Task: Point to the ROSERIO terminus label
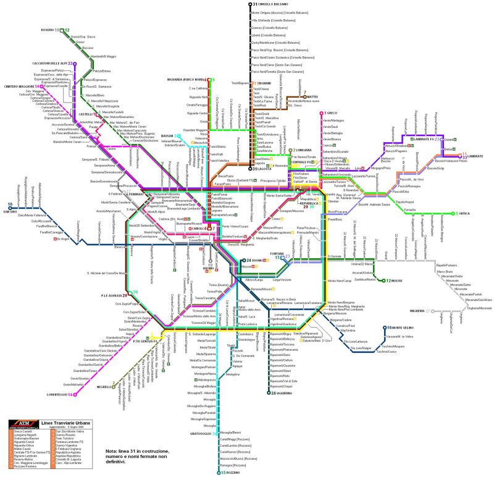(x=48, y=29)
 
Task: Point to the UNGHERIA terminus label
(x=412, y=311)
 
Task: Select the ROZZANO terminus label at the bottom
(x=230, y=473)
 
